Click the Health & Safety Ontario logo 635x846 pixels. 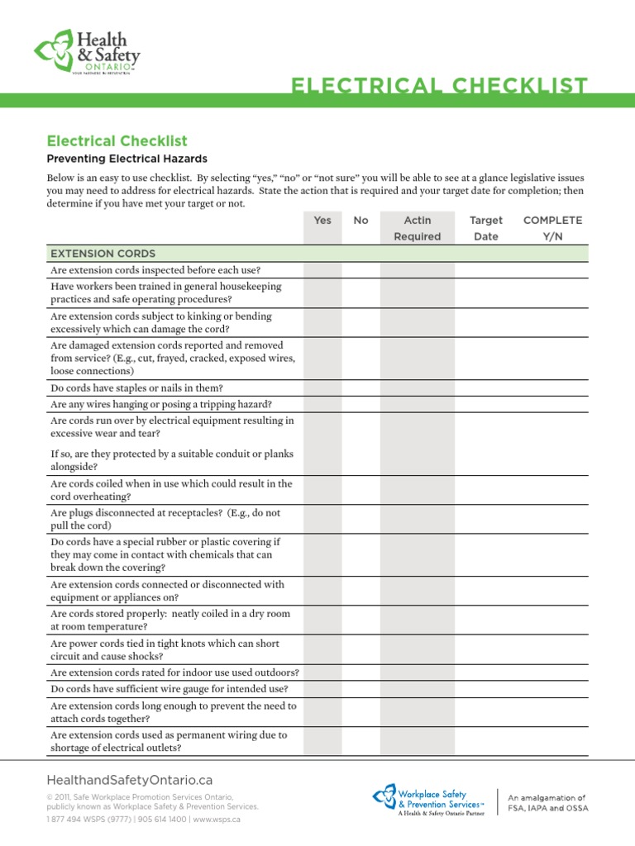(x=87, y=51)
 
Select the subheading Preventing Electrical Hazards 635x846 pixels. (x=127, y=159)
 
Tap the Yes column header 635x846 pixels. (x=322, y=221)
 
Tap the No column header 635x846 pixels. (x=361, y=221)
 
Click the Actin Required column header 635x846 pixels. (x=417, y=228)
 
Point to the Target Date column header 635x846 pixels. (x=485, y=228)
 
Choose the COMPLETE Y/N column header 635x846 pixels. (x=552, y=228)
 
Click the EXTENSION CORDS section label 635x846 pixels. (x=103, y=254)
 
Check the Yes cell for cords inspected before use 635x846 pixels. (x=322, y=270)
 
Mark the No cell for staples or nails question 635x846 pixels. (x=361, y=387)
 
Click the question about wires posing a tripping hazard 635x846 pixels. (x=161, y=404)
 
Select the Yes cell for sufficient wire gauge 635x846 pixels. (x=322, y=689)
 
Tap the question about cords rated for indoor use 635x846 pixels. (x=174, y=673)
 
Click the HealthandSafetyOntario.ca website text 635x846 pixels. (x=130, y=780)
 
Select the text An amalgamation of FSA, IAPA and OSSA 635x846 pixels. (x=547, y=803)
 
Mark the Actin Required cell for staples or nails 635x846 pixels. (x=417, y=387)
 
